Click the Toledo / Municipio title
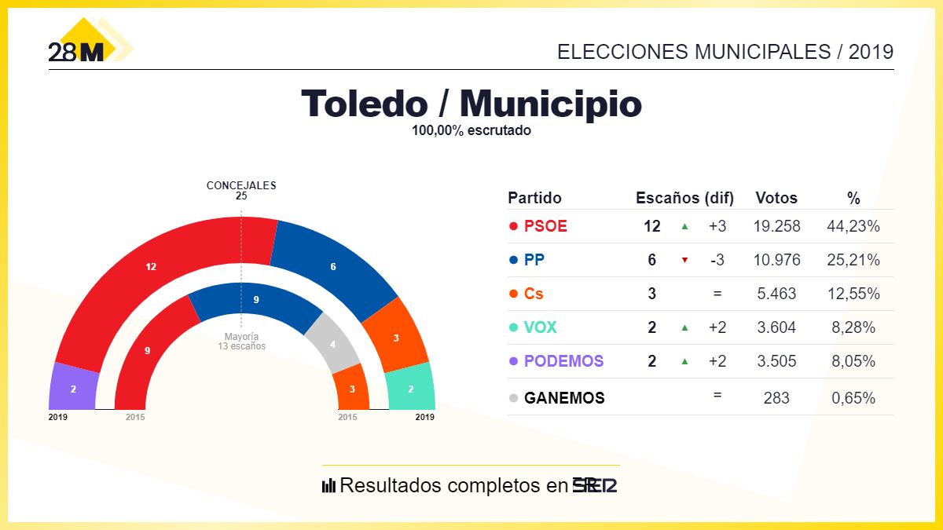click(x=471, y=104)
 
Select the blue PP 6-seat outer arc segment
click(x=333, y=267)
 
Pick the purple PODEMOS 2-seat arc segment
click(x=73, y=388)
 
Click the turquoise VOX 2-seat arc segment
click(x=409, y=388)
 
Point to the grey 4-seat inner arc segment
click(x=333, y=344)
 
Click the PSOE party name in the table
click(x=545, y=226)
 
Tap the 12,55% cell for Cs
click(x=853, y=294)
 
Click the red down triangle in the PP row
click(x=684, y=260)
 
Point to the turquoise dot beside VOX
click(x=513, y=328)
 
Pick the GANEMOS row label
click(x=564, y=398)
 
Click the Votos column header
click(x=776, y=198)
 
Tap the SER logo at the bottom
click(x=594, y=485)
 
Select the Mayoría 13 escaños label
click(x=242, y=341)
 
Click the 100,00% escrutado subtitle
click(x=471, y=131)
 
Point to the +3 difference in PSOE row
click(x=717, y=226)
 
